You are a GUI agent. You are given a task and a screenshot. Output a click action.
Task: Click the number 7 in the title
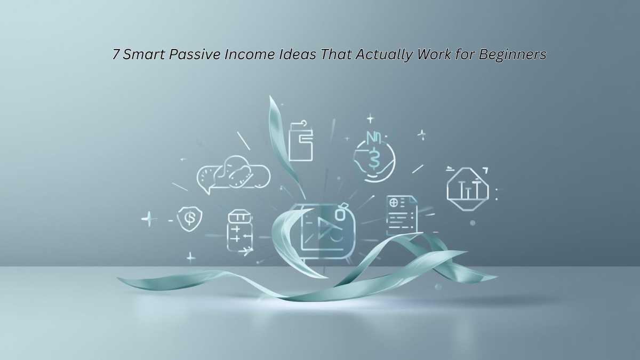(116, 55)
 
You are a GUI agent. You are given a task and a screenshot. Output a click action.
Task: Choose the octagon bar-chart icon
(467, 189)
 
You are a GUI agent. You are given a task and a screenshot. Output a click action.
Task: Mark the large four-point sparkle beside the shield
(149, 219)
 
